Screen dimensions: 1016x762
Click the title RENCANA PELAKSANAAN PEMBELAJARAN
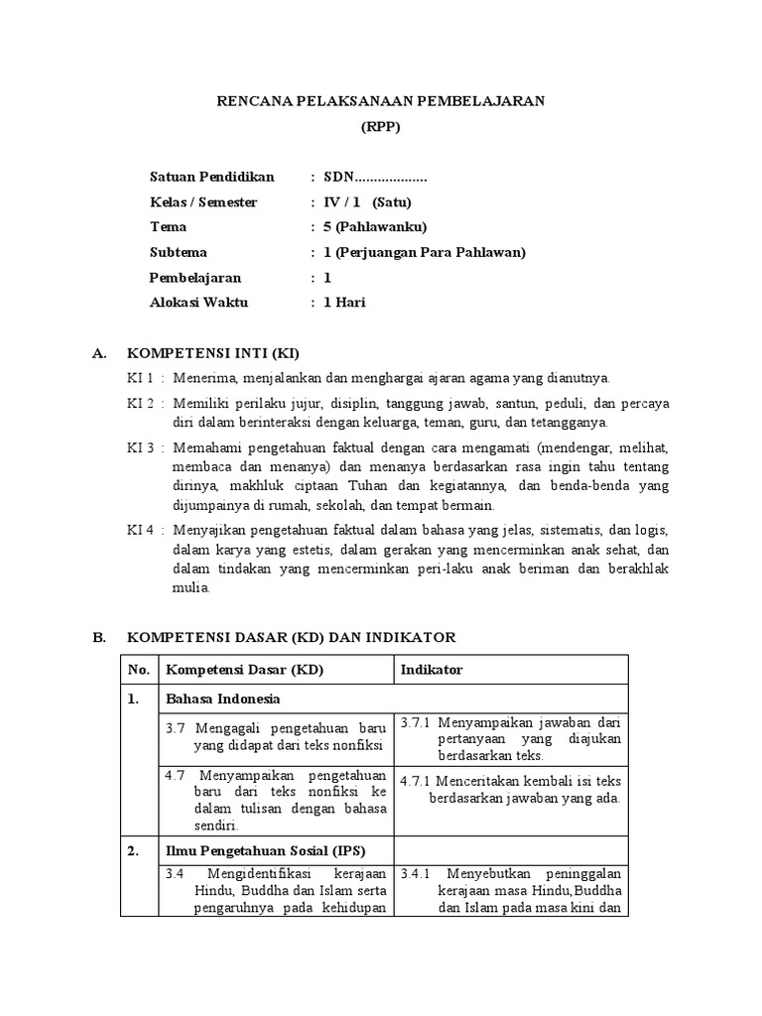click(x=381, y=101)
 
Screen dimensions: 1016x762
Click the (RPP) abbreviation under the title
click(x=381, y=127)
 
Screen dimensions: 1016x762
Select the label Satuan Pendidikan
click(x=211, y=178)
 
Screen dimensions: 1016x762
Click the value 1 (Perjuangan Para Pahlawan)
click(x=424, y=252)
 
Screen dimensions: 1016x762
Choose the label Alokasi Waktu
click(x=198, y=302)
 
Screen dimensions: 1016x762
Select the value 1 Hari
click(x=344, y=302)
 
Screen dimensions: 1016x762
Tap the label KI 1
click(x=139, y=378)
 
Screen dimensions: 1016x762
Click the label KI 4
click(x=139, y=530)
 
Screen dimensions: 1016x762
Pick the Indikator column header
click(x=432, y=670)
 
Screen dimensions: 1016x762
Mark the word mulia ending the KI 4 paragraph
click(x=191, y=586)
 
